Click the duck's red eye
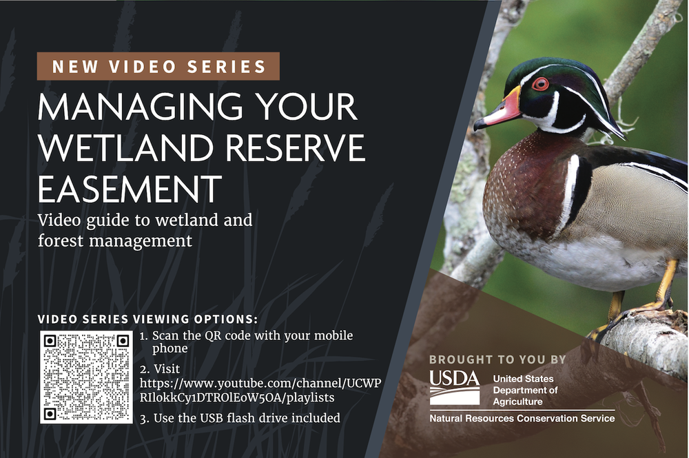[540, 83]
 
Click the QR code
[85, 377]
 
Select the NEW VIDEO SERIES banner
[158, 67]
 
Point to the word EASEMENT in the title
[130, 187]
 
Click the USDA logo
[454, 388]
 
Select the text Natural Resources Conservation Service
[522, 419]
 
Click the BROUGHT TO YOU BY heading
[497, 360]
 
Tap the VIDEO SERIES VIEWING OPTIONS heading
[148, 320]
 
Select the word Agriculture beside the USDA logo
[517, 402]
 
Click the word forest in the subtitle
[59, 241]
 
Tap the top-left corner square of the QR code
[50, 340]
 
